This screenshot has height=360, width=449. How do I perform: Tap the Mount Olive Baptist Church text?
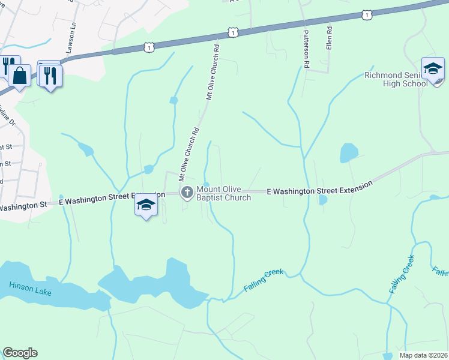[229, 193]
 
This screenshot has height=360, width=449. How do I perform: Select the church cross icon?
[187, 193]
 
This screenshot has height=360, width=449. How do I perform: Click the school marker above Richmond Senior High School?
[432, 69]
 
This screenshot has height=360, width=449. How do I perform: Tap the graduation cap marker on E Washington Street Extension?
[145, 205]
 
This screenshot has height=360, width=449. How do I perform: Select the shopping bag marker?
[19, 76]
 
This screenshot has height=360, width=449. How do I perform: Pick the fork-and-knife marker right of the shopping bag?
[50, 75]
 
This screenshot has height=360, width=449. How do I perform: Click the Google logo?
[20, 353]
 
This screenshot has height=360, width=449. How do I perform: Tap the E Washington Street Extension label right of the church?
[316, 190]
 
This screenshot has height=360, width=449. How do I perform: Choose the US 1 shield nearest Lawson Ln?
[150, 46]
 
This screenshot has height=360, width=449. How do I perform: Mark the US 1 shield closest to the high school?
[368, 14]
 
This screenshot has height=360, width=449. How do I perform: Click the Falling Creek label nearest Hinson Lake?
[263, 280]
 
